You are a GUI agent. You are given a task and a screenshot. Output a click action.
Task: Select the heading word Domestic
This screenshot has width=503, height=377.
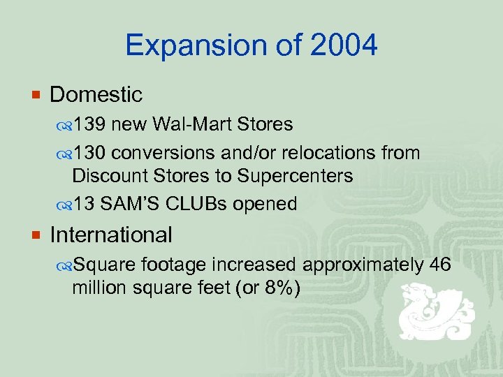tap(96, 94)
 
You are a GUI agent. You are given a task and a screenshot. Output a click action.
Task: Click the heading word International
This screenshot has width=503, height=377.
tap(111, 235)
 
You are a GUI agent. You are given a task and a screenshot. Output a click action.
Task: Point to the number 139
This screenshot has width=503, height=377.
tap(90, 124)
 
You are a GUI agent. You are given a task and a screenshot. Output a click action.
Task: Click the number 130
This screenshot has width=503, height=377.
tap(90, 153)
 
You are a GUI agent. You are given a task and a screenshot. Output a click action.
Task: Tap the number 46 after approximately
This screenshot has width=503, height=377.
tap(441, 265)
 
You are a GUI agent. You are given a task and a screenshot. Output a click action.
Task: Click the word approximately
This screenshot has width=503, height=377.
tap(363, 265)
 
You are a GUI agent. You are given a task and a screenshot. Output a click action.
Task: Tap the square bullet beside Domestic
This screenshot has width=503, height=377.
tap(35, 95)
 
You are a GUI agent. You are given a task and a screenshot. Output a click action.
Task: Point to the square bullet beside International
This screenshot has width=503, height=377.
tap(35, 235)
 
